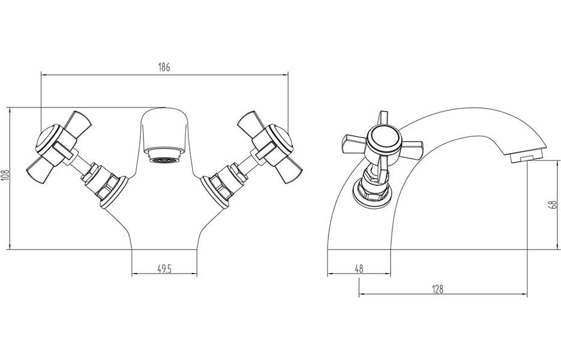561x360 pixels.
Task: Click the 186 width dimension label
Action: pos(164,67)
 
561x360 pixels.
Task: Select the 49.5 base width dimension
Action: pos(164,269)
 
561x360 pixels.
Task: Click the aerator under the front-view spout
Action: pos(163,159)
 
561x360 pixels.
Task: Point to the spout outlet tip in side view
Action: pos(523,158)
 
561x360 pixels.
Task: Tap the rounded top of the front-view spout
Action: pos(163,112)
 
